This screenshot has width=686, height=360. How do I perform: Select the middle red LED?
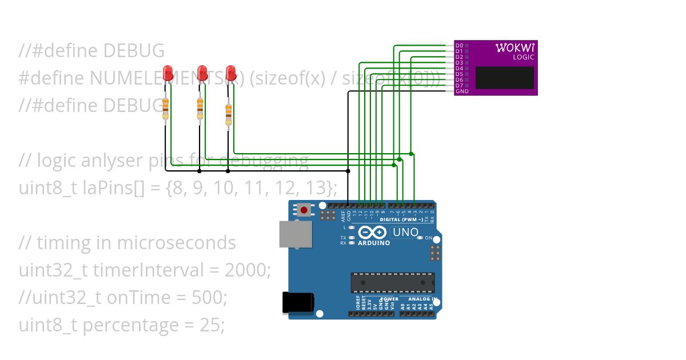pos(202,73)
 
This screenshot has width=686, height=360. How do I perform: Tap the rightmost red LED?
pos(231,73)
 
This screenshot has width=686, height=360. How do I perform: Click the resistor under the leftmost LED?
pos(166,108)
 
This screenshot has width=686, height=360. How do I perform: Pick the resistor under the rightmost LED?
pos(229,113)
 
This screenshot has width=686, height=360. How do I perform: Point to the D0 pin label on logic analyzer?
pos(459,45)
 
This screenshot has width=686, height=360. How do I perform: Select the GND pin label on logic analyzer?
pos(461,91)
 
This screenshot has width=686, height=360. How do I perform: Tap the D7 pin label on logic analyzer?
pos(459,86)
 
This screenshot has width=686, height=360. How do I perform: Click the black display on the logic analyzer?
pos(504,78)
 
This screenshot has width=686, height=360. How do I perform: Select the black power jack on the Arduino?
pos(298,303)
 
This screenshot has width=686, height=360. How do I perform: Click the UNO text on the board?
pos(405,233)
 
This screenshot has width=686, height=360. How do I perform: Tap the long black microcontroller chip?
pos(393,282)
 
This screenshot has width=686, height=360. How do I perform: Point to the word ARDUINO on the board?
pos(374,243)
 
